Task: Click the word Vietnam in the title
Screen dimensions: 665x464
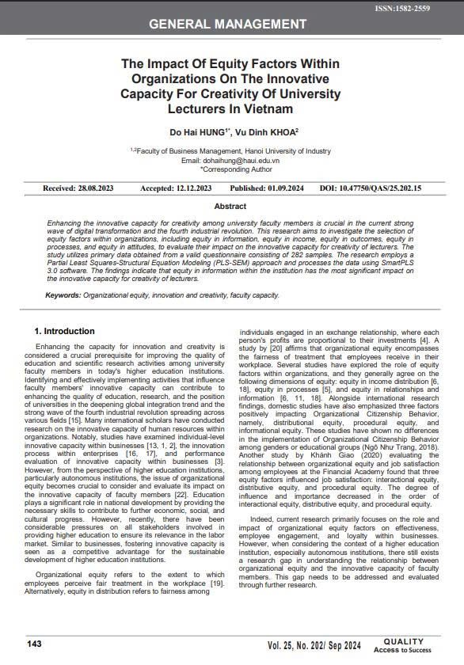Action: (278, 108)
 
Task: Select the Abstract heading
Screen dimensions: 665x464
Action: (230, 207)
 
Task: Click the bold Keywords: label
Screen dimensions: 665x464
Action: (63, 294)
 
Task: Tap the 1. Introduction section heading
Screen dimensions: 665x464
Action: (64, 331)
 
